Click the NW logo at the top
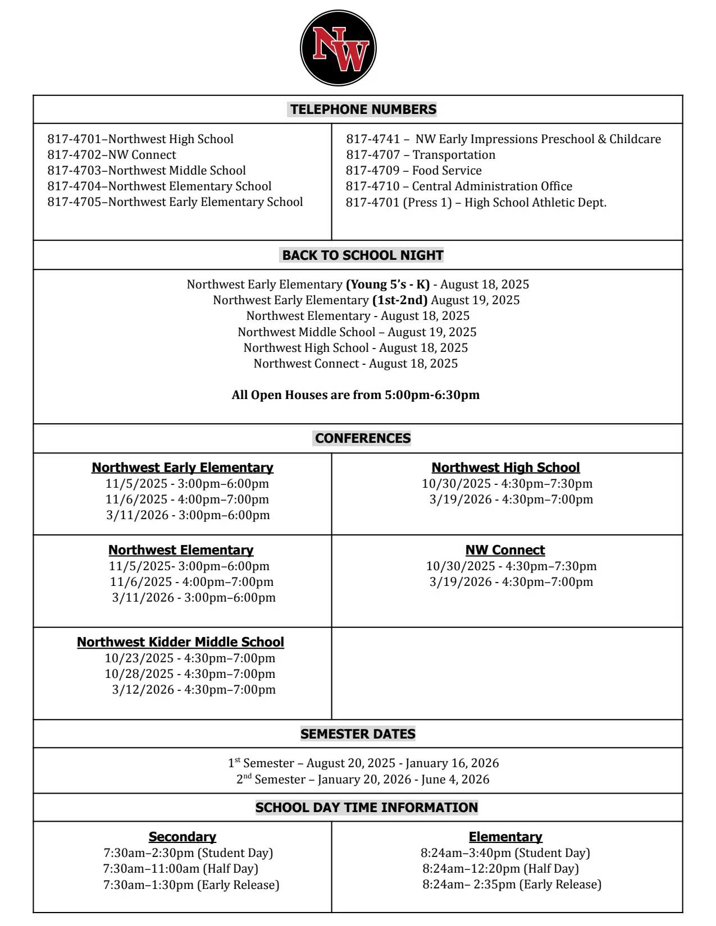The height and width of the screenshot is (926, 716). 338,48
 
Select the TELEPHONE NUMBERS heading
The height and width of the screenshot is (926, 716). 363,109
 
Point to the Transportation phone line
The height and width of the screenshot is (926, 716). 421,155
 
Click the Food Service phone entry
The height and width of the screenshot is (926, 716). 413,171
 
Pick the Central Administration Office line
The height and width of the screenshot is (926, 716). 459,186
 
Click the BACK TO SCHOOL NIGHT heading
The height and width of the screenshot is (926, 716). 362,255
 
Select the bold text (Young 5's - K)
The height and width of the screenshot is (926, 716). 387,285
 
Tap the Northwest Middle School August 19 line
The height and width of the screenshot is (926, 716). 357,332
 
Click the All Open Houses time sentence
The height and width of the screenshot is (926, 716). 355,395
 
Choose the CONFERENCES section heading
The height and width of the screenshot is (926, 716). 362,438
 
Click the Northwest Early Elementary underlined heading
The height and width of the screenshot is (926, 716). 183,467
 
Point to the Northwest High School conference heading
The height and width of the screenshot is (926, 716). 505,467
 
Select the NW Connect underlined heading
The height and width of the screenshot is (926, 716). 505,550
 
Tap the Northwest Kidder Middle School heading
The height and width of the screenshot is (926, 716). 180,642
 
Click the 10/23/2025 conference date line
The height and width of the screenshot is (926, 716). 190,658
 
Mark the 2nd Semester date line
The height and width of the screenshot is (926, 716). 363,780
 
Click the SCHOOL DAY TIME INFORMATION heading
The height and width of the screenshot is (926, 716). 366,808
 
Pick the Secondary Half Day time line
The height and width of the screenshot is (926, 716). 180,869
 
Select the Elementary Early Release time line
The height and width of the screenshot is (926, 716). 512,884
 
